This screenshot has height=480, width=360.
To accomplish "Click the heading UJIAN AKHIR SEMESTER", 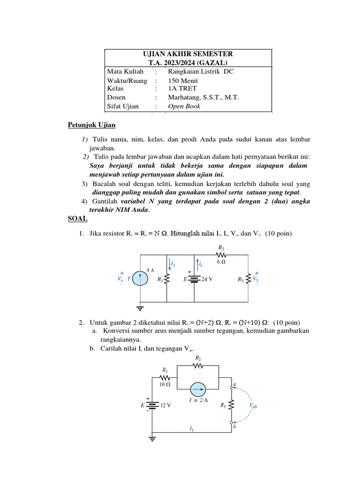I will tap(187, 54).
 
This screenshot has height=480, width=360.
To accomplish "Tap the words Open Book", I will tap(184, 106).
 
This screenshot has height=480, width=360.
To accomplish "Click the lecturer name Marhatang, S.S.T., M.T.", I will tap(203, 97).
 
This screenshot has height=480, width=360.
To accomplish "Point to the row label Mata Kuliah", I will tap(125, 71).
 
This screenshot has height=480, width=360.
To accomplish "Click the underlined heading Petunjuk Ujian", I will tap(91, 125).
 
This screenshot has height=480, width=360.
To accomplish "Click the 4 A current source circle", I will tap(139, 278).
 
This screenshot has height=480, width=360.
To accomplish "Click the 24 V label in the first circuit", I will tap(207, 278).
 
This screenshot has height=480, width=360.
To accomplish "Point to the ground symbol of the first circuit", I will tap(140, 307).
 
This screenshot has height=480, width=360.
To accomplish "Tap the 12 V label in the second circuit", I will tap(165, 405).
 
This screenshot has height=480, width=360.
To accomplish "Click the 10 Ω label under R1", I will tap(165, 384).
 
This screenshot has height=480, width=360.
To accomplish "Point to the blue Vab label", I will tap(254, 406).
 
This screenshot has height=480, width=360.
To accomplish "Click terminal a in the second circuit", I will tap(231, 387).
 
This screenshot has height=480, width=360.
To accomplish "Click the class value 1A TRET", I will tap(182, 88).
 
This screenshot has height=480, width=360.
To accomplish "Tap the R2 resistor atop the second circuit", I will tap(198, 366).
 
